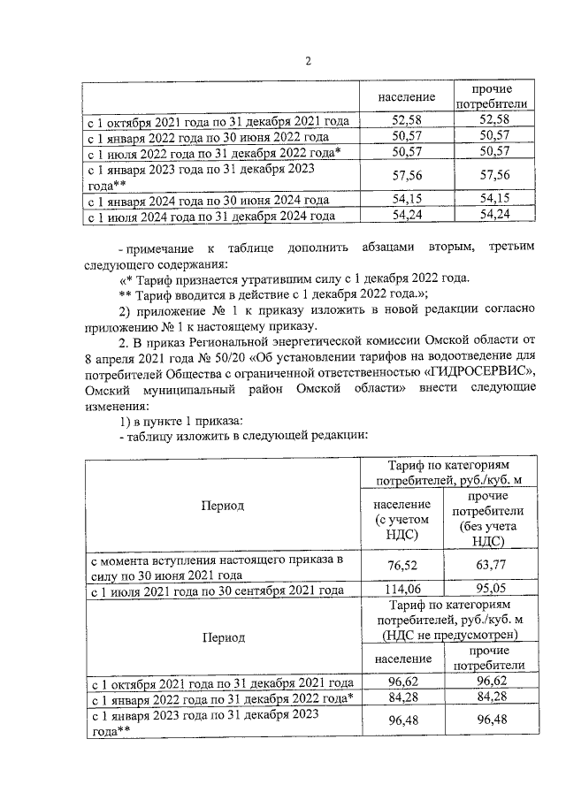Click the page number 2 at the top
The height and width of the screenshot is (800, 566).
pyautogui.click(x=308, y=61)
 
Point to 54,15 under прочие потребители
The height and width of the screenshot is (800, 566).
pyautogui.click(x=492, y=200)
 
